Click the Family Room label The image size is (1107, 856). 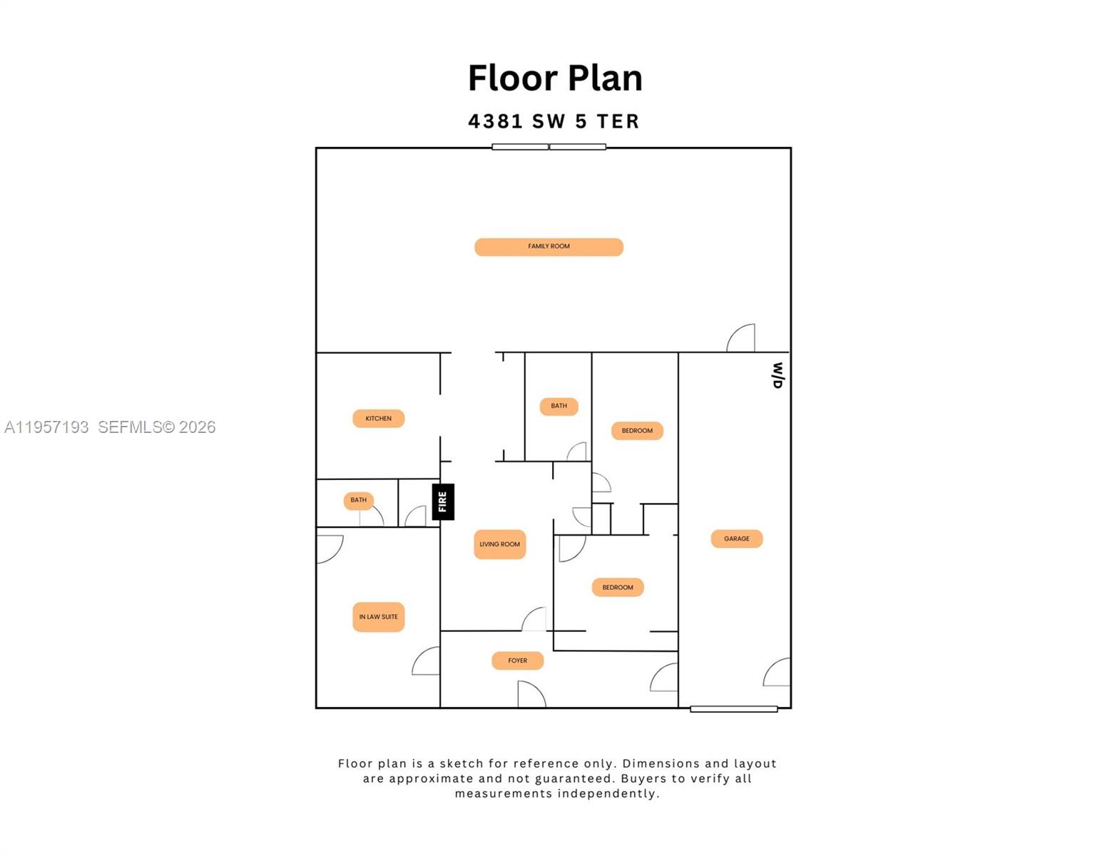(549, 247)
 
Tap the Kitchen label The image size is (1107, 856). (378, 419)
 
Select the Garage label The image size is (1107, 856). (736, 539)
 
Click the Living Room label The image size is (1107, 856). (499, 544)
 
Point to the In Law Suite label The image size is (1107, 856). (378, 617)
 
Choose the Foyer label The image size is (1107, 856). (517, 661)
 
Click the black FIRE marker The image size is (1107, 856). (442, 501)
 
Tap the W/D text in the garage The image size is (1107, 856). (777, 375)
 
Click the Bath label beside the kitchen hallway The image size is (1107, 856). (558, 406)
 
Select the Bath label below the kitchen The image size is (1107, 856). (358, 500)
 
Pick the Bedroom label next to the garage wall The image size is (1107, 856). (637, 431)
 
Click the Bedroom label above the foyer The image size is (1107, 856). (618, 588)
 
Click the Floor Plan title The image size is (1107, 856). (555, 78)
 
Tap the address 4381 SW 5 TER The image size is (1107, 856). (553, 122)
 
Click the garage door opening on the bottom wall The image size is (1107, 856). (733, 708)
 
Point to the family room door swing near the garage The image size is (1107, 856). (742, 339)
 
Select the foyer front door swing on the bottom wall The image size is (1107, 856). (531, 694)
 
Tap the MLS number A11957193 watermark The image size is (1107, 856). (47, 427)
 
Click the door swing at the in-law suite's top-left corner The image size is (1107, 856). (328, 547)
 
